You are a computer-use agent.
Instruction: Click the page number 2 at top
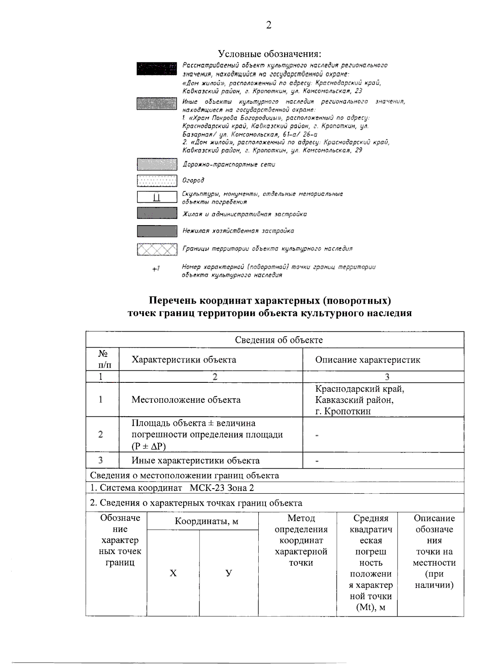coord(269,26)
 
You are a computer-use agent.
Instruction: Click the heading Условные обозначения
coord(269,53)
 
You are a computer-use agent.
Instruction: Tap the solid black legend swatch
coord(156,68)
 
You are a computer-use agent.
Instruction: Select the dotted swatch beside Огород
coord(156,180)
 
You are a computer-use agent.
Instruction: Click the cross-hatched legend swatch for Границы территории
coord(156,249)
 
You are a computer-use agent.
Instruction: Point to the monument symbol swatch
coord(156,197)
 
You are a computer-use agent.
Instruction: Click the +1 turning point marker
coord(156,269)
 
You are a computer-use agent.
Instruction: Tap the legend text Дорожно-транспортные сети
coord(229,164)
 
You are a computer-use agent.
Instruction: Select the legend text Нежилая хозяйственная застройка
coord(238,231)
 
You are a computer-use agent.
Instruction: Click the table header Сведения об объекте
coord(279,340)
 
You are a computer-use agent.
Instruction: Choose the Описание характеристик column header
coord(368,360)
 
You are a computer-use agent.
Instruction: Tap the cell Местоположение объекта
coord(186,400)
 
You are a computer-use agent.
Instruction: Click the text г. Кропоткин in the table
coord(343,411)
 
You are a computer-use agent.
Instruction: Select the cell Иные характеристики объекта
coord(196,460)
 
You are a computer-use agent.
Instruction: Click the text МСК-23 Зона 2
coord(222,488)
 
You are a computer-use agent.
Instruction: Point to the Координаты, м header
coord(206,521)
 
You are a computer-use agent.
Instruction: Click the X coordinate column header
coord(173,573)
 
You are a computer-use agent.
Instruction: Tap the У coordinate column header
coord(228,573)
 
